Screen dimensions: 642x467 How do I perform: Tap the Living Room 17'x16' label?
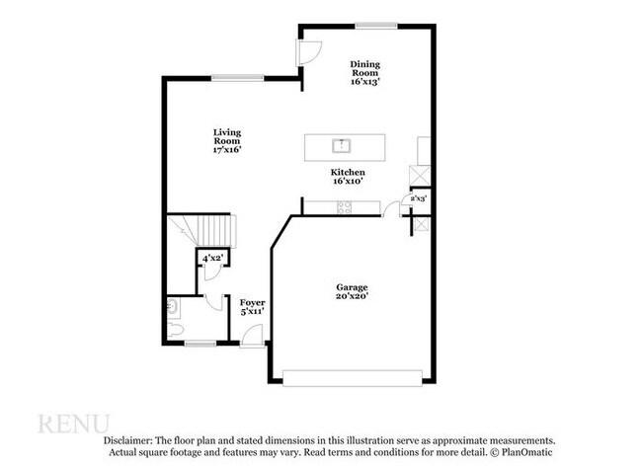coord(227,141)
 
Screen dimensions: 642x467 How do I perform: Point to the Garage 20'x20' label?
coord(352,291)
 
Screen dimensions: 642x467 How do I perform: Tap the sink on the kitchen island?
coord(341,146)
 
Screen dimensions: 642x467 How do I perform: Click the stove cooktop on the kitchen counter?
coord(344,207)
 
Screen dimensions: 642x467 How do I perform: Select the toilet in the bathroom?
coord(175,330)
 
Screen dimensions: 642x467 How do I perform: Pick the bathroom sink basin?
coord(172,306)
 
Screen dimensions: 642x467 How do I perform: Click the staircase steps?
coord(213,230)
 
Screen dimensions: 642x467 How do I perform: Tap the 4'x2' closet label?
coord(212,259)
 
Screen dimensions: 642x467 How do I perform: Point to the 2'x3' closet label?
coord(419,198)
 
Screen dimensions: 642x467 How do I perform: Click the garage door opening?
coord(353,378)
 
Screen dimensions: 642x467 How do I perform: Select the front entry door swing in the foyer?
coord(252,336)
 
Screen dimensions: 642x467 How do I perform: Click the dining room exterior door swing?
coord(309,52)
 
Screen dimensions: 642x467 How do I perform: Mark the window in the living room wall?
coord(237,78)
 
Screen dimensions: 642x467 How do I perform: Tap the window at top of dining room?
coord(376,26)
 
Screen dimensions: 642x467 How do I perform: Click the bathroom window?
coord(201,344)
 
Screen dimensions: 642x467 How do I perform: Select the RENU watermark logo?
coord(74,424)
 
